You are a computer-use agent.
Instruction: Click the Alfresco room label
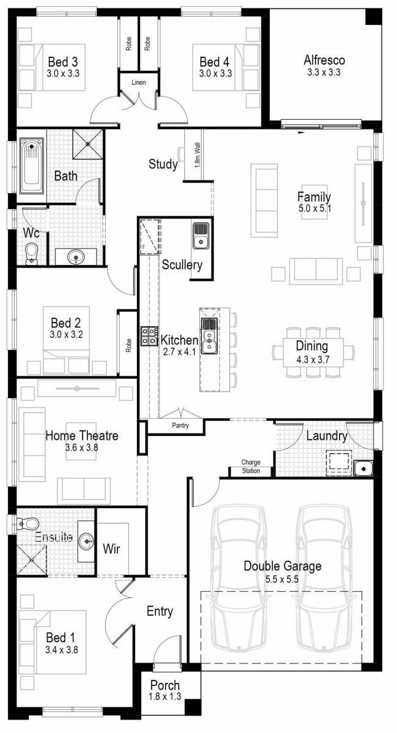click(x=324, y=60)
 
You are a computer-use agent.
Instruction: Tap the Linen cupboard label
click(x=139, y=82)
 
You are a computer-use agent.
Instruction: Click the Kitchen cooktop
click(x=148, y=337)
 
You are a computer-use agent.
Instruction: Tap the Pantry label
click(x=180, y=425)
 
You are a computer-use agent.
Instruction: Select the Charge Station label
click(x=251, y=467)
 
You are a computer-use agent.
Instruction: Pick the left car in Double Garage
click(x=239, y=577)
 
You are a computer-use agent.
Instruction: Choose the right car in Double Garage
click(x=324, y=577)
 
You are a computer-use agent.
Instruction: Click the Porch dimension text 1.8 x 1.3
click(x=165, y=696)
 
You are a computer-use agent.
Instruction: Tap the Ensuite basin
click(x=87, y=540)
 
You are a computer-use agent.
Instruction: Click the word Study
click(x=163, y=164)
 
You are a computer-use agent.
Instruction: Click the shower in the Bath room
click(x=88, y=145)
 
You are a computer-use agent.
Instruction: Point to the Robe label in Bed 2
click(x=128, y=346)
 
